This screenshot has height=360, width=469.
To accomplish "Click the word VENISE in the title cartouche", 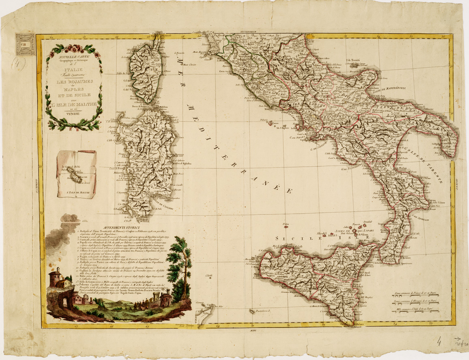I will point(74,115).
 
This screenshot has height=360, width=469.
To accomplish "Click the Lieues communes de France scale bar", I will point(417,295).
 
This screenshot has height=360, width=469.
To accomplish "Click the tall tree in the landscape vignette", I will point(182,264).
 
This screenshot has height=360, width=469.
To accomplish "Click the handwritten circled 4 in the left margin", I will point(19,63).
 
